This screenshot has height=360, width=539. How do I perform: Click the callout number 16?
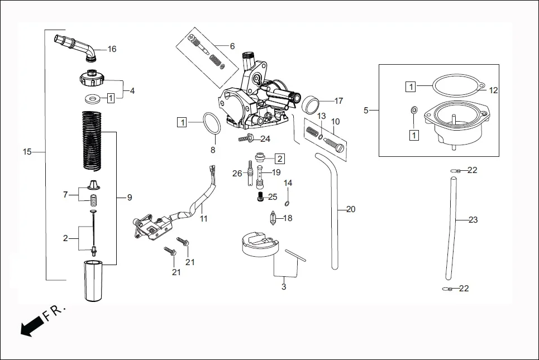tap(112, 49)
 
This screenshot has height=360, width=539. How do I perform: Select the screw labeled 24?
tap(246, 138)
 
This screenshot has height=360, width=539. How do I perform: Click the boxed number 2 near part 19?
tap(280, 159)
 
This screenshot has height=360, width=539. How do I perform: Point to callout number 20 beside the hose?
tap(351, 210)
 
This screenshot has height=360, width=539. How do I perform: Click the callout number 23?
tap(473, 220)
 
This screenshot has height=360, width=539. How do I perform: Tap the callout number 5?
tap(366, 111)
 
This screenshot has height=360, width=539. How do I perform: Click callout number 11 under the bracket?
tap(204, 219)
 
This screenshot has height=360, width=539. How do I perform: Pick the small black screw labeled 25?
tap(260, 196)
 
